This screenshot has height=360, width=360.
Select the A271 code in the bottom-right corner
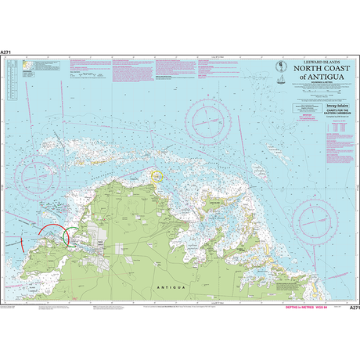(353, 308)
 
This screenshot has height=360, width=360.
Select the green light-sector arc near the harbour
(71, 236)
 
